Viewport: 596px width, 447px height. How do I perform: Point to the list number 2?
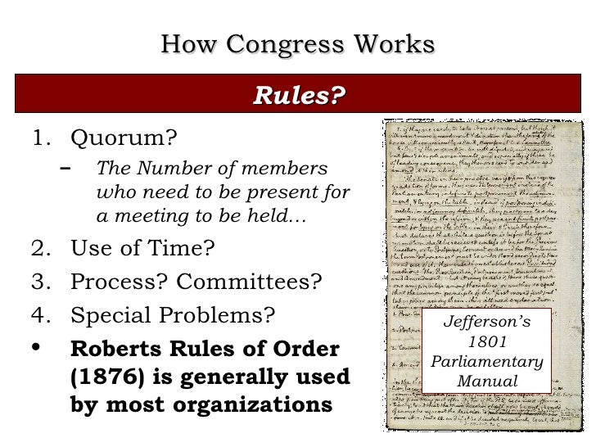[40, 247]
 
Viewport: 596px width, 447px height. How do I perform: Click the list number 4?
[40, 314]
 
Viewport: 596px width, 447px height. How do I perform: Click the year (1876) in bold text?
[109, 377]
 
